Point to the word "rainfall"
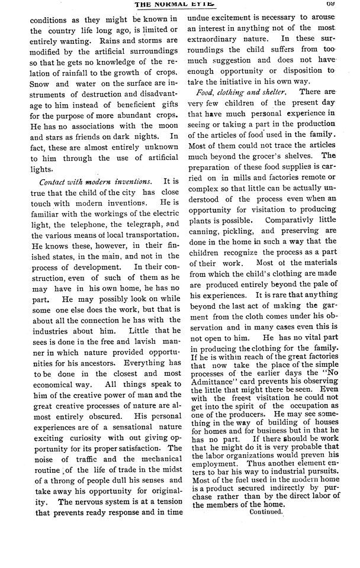53,79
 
